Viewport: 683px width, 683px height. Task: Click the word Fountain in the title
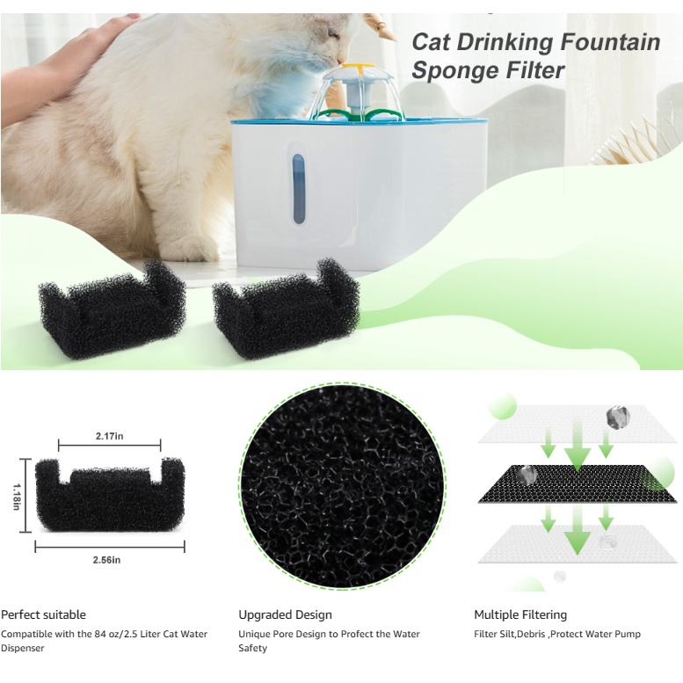[610, 42]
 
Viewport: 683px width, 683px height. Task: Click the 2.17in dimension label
[109, 436]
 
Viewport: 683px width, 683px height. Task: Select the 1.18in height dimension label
[17, 497]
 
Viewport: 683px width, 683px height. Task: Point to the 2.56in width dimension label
[106, 560]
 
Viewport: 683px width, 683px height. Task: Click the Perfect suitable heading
[43, 614]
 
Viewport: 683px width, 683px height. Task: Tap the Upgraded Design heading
[285, 614]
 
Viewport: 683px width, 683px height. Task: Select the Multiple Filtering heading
[520, 614]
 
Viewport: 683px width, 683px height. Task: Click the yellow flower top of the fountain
[359, 68]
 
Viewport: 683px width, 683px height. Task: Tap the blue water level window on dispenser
[298, 189]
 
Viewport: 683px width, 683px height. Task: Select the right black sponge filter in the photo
[286, 309]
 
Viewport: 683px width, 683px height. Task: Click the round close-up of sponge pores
[342, 486]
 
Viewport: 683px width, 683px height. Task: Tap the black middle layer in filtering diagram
[578, 483]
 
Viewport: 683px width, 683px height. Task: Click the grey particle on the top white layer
[618, 418]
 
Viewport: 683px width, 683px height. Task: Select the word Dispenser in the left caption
[23, 648]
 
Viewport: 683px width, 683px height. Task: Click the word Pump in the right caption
[628, 635]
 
